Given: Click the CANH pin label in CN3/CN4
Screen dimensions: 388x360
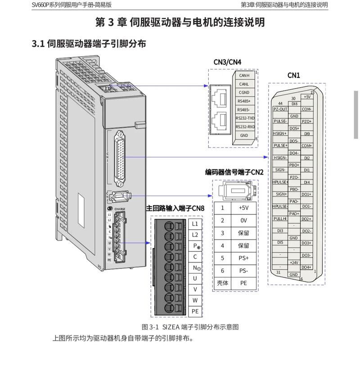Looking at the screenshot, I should (x=244, y=76).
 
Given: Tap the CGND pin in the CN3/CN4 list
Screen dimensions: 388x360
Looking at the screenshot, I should (x=244, y=93).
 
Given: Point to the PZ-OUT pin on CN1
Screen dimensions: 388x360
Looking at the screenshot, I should (x=280, y=109).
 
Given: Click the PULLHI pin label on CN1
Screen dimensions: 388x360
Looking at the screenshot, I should (x=280, y=219).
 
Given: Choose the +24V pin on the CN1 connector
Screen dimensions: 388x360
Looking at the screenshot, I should (x=294, y=263).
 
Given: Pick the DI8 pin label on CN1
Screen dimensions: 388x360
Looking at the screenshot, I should (x=294, y=104).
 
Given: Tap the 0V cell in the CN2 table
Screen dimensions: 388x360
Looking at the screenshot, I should (x=243, y=221).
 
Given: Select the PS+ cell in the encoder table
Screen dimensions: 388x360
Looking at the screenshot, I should (x=243, y=259).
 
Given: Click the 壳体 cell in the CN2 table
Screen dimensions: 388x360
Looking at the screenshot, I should (x=222, y=283).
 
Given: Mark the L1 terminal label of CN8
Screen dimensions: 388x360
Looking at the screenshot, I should (x=195, y=223).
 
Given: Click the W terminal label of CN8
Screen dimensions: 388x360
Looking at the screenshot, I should (x=195, y=300).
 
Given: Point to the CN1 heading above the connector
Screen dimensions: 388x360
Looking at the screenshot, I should (x=293, y=76).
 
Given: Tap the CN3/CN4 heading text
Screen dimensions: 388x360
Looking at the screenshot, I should (x=227, y=62).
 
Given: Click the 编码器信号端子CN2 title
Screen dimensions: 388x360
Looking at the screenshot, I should (x=234, y=172).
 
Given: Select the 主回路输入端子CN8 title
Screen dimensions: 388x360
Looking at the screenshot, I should (x=175, y=209).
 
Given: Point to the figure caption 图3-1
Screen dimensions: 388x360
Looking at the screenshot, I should (x=190, y=327).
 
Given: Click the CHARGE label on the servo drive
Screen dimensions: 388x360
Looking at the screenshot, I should (x=120, y=209).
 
